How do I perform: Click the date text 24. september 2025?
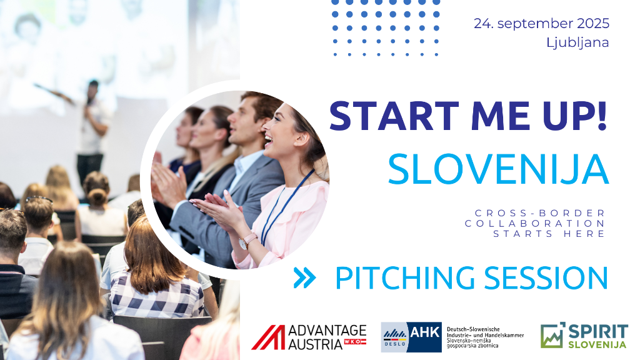pos(541,24)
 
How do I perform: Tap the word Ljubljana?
pos(577,42)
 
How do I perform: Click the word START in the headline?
pos(394,116)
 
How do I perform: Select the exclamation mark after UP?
pos(602,116)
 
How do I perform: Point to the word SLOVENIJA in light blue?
pos(498,169)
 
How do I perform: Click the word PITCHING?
pos(405,278)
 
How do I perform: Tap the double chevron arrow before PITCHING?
pos(304,278)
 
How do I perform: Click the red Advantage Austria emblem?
pos(268,337)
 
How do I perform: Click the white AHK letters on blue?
pos(425,332)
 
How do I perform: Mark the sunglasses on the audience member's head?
pos(39,199)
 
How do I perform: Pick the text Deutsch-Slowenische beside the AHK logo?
pos(473,329)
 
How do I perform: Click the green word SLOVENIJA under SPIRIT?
pos(597,344)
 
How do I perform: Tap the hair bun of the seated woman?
pos(97,197)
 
